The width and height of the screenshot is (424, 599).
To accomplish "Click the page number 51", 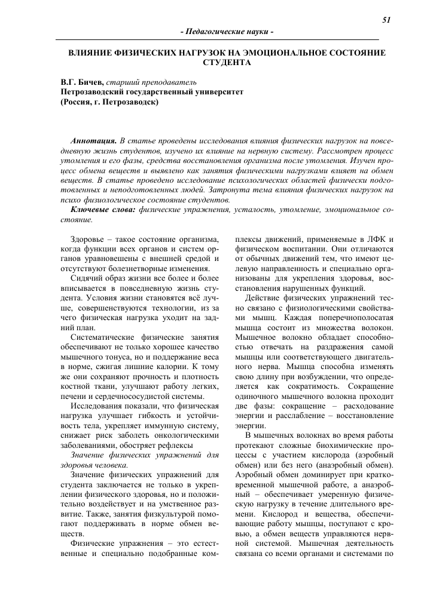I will [386, 20].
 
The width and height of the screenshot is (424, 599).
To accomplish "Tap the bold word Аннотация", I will [94, 139].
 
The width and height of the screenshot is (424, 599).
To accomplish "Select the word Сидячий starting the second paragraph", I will [88, 278].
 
